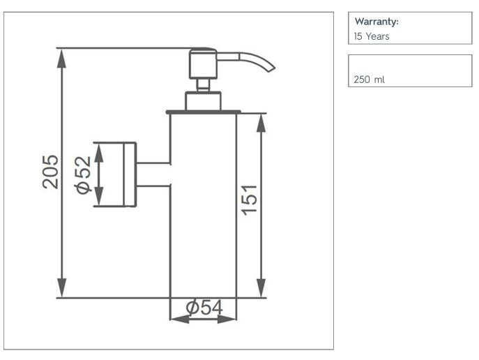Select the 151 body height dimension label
(x=249, y=199)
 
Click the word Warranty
(x=376, y=22)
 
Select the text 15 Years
(x=372, y=36)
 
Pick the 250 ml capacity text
(x=369, y=80)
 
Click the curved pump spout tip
(x=268, y=68)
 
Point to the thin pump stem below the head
(x=203, y=84)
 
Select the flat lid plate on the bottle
(x=203, y=112)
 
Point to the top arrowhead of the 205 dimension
(x=63, y=56)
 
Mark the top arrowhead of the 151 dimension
(x=261, y=122)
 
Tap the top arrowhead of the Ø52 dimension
(x=99, y=151)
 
